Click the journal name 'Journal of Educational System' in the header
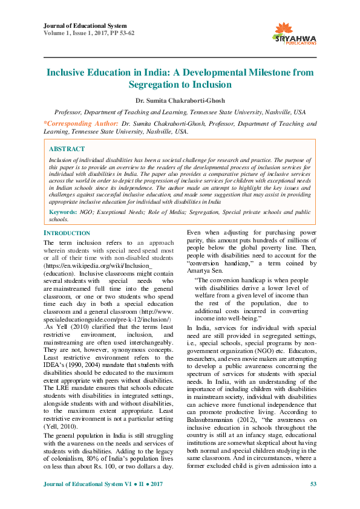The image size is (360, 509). coord(85,26)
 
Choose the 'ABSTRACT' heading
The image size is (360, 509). coord(67,149)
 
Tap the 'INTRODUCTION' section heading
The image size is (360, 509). coord(67,233)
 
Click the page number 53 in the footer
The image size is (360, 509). coord(313,484)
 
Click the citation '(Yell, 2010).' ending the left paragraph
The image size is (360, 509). coord(61,426)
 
